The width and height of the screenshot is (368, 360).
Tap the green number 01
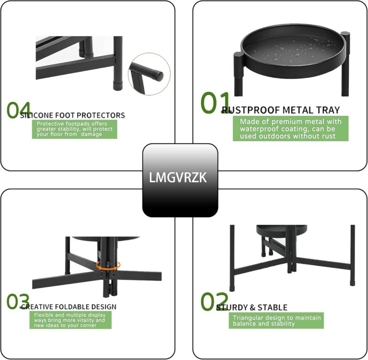(215, 103)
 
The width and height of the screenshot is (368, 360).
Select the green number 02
(214, 302)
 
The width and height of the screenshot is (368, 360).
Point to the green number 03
(19, 302)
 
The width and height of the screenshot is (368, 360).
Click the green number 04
(19, 110)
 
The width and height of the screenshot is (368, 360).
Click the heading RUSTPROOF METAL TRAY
(281, 110)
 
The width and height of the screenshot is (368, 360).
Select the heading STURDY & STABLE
(252, 307)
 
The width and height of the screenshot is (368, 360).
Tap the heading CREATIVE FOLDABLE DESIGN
(69, 307)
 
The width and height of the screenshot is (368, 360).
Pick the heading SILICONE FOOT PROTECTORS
(73, 115)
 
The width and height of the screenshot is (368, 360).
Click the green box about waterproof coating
(291, 128)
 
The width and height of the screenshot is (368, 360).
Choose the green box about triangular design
(276, 320)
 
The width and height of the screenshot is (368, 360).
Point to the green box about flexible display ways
(70, 320)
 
